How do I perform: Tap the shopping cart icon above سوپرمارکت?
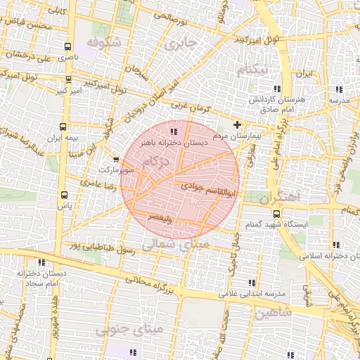(x=116, y=160)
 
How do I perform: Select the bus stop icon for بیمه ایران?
(x=64, y=127)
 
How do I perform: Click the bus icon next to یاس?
(x=64, y=195)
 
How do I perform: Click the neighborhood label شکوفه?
(x=104, y=43)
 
